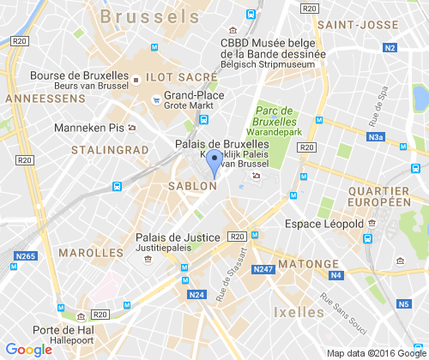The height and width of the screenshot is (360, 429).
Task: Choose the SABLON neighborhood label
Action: click(191, 185)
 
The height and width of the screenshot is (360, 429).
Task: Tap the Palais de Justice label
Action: click(178, 237)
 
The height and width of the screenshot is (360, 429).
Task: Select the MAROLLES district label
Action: click(92, 254)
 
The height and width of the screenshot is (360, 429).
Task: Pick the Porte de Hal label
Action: click(57, 329)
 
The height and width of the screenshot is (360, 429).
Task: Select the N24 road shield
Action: click(196, 295)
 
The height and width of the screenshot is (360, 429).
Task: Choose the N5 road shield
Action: click(403, 303)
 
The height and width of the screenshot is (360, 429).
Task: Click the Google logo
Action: click(27, 349)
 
